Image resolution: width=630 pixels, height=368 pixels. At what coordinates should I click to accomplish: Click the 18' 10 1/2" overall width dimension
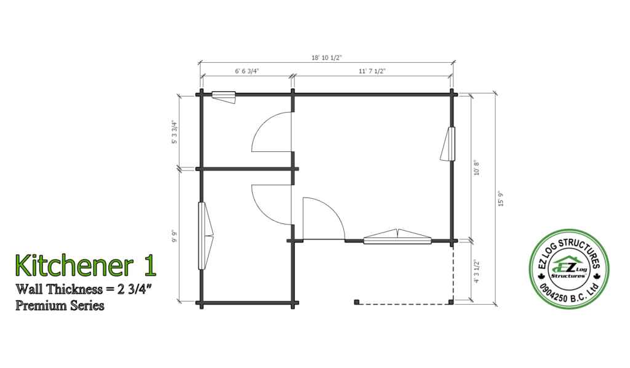click(326, 57)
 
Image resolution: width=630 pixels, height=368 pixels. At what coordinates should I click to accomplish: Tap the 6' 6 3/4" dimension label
click(247, 71)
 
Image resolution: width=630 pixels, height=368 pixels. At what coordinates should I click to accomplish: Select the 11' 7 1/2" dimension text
click(372, 71)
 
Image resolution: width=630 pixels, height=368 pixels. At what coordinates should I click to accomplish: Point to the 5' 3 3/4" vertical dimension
click(174, 132)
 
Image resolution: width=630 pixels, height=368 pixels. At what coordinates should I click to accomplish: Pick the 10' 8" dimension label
click(477, 168)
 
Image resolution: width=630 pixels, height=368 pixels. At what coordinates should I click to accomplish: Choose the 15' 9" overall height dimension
click(501, 199)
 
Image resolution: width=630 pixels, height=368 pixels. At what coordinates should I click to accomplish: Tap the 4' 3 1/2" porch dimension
click(477, 271)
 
